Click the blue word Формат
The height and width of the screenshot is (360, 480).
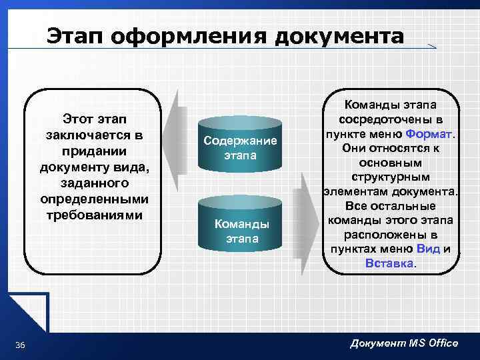pos(429,133)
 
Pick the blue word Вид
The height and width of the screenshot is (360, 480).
pos(427,249)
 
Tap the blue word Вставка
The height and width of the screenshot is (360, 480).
pos(389,263)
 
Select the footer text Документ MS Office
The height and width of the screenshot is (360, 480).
pos(404,343)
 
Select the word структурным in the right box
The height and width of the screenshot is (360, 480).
pos(391,177)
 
